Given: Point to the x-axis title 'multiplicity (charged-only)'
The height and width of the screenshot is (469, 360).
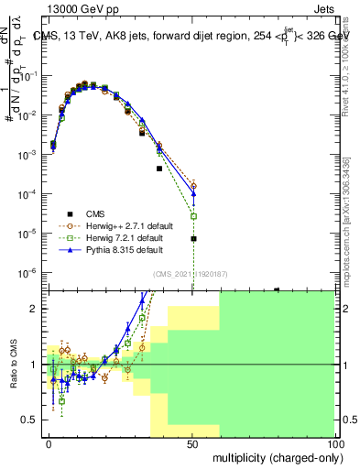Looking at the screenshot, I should [272, 455].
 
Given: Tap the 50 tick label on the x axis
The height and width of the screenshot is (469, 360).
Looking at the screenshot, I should [192, 442].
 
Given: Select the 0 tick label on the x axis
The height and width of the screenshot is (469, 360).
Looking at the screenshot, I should [49, 442].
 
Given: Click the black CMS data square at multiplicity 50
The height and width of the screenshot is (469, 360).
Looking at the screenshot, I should [193, 239].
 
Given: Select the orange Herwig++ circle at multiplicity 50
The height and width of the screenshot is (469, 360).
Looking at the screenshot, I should [193, 186].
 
